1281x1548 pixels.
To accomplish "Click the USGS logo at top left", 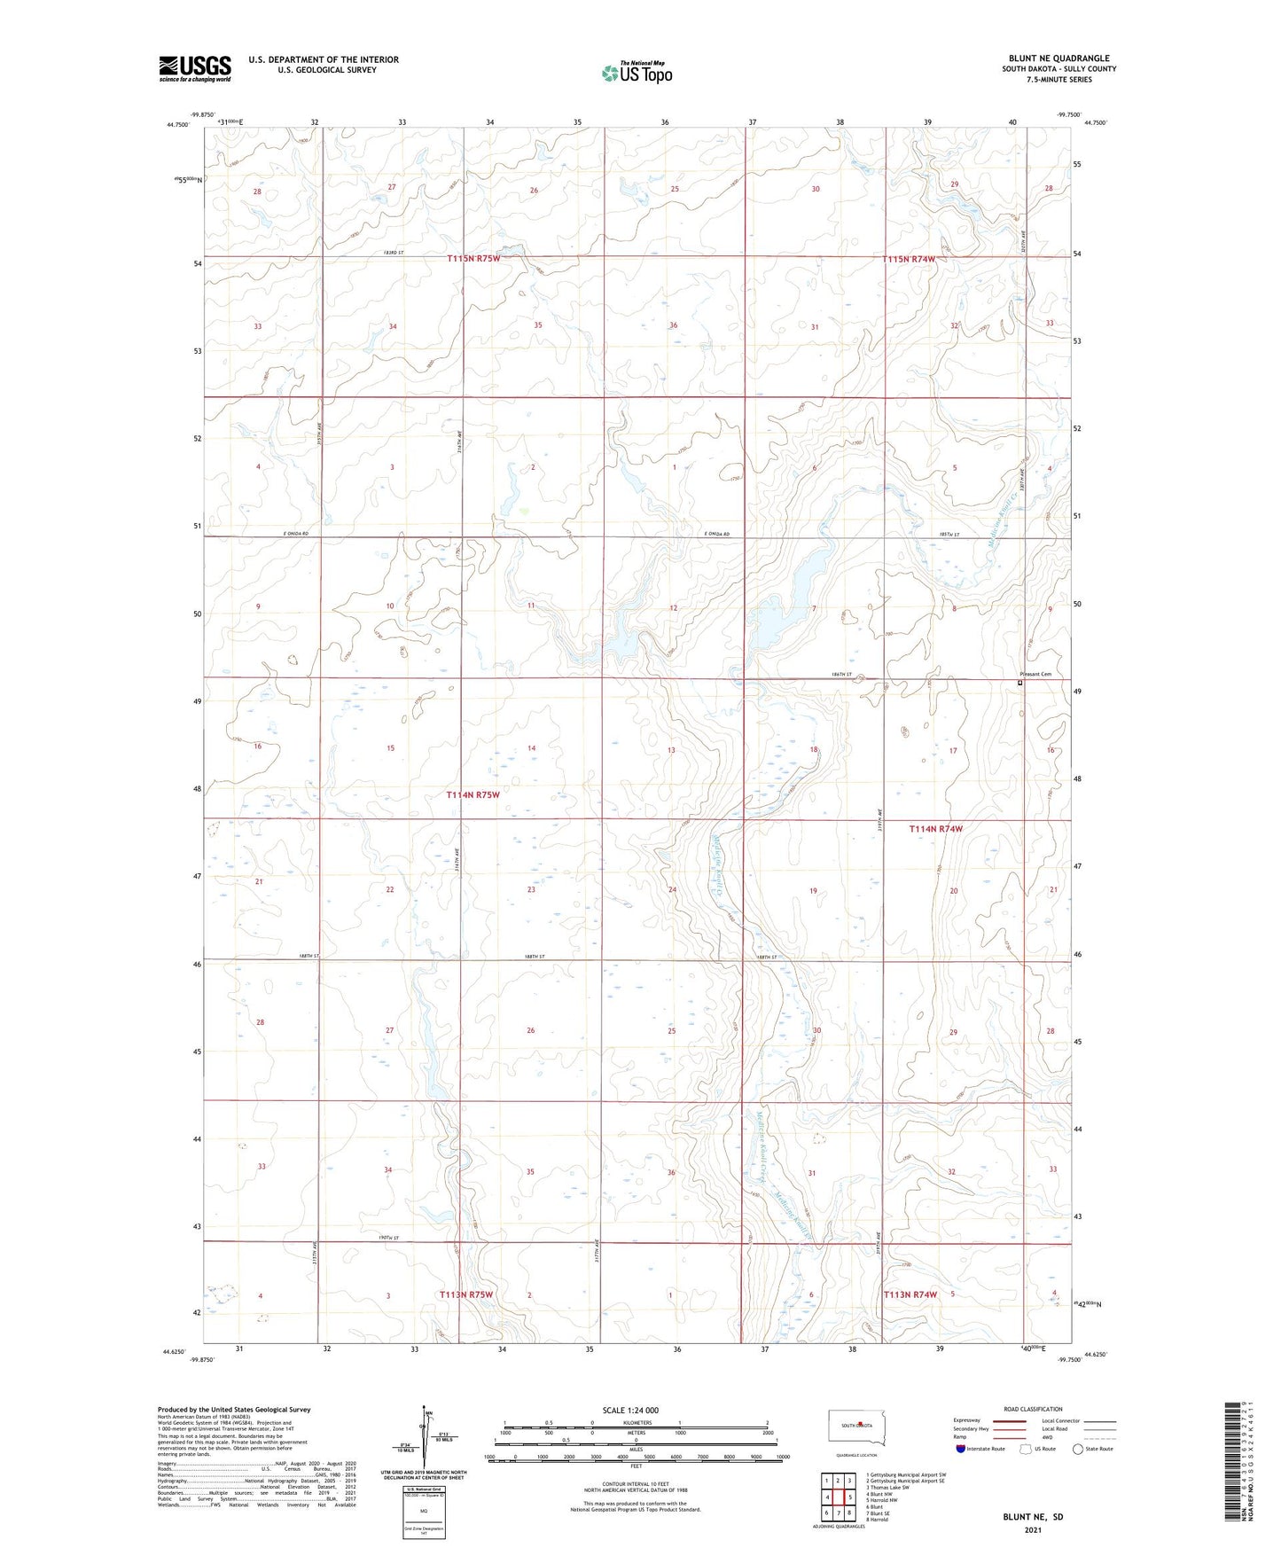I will (195, 68).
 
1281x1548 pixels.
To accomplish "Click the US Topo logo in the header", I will (637, 73).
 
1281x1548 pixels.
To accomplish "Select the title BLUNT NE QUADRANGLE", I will (1058, 59).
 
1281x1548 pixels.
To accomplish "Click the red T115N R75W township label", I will (473, 258).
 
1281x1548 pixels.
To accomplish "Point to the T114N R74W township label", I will (935, 829).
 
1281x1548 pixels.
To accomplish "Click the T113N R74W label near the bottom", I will (910, 1294).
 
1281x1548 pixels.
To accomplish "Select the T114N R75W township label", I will (473, 795).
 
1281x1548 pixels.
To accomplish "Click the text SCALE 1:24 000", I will (629, 1411).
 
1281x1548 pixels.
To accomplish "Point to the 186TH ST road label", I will (841, 675).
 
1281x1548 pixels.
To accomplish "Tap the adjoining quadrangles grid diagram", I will (838, 1497).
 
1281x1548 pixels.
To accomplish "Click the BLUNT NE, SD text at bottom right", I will (1032, 1517).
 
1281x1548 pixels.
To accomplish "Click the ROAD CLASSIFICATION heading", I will (1033, 1409).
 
